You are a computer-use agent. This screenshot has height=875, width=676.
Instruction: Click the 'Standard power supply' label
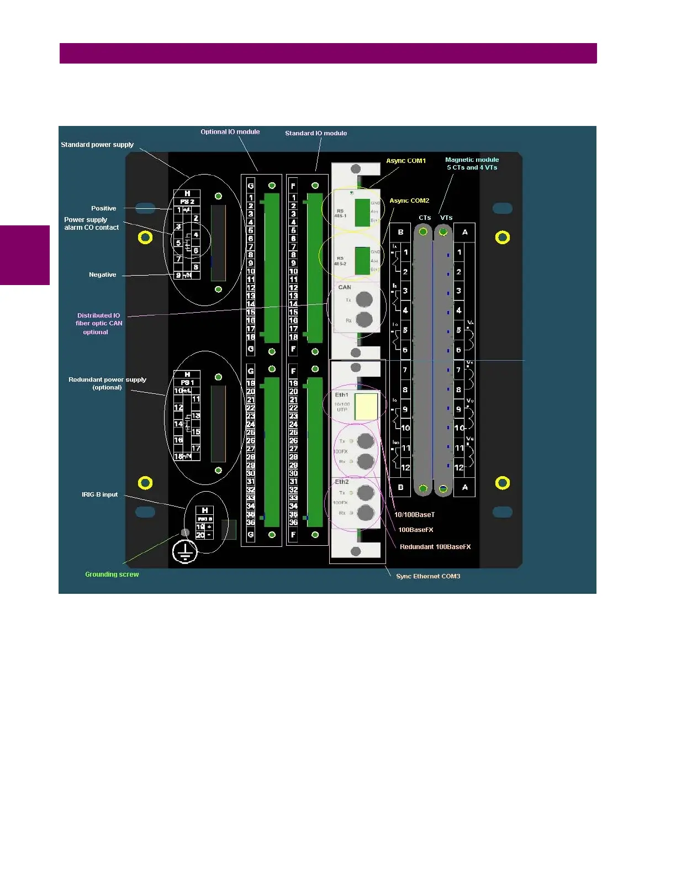(x=97, y=145)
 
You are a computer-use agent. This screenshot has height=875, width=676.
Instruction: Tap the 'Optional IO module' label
(x=230, y=132)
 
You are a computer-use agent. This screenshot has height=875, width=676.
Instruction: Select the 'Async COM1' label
(x=406, y=161)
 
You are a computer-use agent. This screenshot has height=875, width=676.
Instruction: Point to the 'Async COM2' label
(x=409, y=201)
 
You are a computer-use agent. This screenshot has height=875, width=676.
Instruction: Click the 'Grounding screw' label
(x=112, y=574)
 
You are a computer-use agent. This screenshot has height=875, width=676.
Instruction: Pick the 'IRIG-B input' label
(x=99, y=494)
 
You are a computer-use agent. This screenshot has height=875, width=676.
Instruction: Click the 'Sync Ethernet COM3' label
(x=428, y=576)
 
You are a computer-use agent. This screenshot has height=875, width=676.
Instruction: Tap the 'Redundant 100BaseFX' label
(x=435, y=547)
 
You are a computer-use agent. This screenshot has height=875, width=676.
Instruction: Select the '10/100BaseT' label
(x=414, y=515)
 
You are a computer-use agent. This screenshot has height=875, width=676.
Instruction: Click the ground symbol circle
(x=184, y=551)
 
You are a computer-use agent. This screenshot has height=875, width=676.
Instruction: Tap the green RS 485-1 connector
(x=362, y=212)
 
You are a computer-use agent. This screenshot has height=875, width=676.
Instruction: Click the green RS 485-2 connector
(x=362, y=261)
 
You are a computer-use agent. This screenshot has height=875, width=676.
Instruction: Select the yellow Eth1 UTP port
(x=366, y=407)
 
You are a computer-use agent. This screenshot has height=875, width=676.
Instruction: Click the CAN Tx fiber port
(x=364, y=299)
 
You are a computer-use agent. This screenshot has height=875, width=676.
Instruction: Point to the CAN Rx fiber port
(x=364, y=319)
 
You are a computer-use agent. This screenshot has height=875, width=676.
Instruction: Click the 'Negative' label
(x=103, y=275)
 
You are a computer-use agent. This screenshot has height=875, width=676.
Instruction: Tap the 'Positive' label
(x=104, y=208)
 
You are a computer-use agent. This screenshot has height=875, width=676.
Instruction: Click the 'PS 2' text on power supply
(x=187, y=202)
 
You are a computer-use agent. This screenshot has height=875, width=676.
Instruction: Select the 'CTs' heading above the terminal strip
(x=425, y=218)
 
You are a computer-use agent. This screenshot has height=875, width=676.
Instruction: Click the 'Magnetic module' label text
(x=472, y=160)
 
